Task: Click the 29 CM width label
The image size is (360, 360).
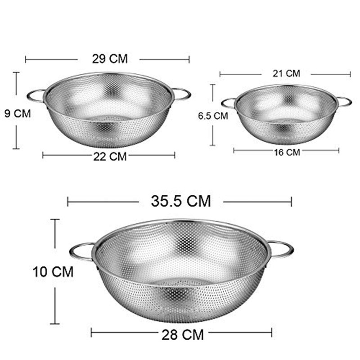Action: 110,58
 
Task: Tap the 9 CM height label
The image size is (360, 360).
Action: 18,113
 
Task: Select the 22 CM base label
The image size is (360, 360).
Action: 109,156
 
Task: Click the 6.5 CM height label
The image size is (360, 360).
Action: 213,116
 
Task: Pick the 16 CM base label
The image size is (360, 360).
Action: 287,152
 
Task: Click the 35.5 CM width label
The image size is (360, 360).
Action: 180,201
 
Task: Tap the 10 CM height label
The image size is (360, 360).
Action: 53,271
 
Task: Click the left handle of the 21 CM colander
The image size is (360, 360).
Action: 228,103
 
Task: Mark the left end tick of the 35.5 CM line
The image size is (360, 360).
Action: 67,201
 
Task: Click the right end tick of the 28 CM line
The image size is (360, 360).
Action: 271,333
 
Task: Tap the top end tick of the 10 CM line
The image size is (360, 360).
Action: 55,220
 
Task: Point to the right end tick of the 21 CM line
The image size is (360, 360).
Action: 350,74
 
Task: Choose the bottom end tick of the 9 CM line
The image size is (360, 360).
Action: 17,148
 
